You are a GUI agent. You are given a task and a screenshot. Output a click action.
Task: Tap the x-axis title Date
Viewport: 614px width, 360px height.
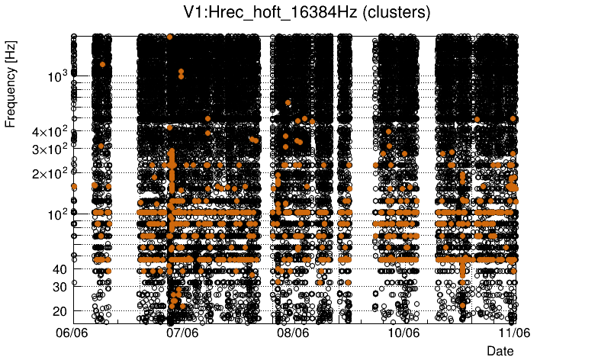point(500,351)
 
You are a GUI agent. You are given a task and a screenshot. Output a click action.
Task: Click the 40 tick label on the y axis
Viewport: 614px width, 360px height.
point(60,269)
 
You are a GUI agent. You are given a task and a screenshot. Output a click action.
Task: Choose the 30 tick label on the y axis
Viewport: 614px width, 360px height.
point(60,287)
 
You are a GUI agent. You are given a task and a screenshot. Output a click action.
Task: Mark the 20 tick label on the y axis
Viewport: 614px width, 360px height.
point(60,311)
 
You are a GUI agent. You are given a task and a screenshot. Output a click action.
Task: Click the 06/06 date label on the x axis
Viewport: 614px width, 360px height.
point(73,333)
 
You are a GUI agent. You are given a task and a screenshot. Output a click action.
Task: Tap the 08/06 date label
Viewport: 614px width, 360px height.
point(294,333)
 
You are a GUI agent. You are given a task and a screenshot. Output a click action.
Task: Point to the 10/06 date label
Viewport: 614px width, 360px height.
point(403,333)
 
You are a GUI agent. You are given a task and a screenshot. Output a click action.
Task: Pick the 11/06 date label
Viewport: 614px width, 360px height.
point(514,333)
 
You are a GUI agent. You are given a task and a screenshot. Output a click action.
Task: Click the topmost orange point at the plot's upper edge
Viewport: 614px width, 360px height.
point(170,37)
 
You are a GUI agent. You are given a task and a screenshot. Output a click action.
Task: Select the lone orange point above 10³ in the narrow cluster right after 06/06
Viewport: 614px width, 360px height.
point(102,65)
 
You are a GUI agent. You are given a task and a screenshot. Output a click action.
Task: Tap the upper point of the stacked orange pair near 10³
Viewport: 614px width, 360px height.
point(181,71)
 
